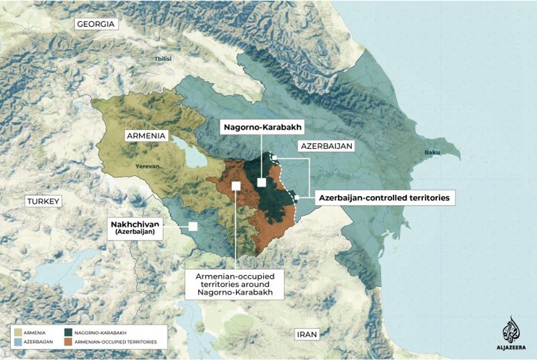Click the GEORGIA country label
coord(96,24)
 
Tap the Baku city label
coord(432,153)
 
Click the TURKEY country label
coord(43,202)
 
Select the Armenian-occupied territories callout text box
coord(235,284)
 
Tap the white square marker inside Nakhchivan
coord(193,226)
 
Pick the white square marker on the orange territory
coord(236,186)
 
